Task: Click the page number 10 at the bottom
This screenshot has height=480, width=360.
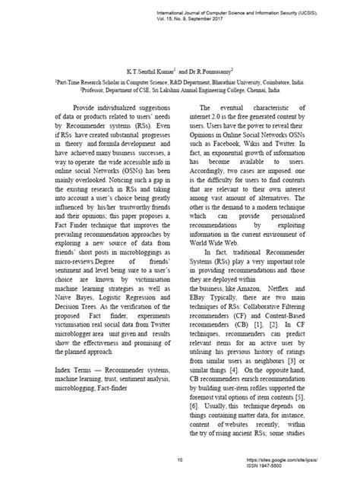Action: tap(180, 459)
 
